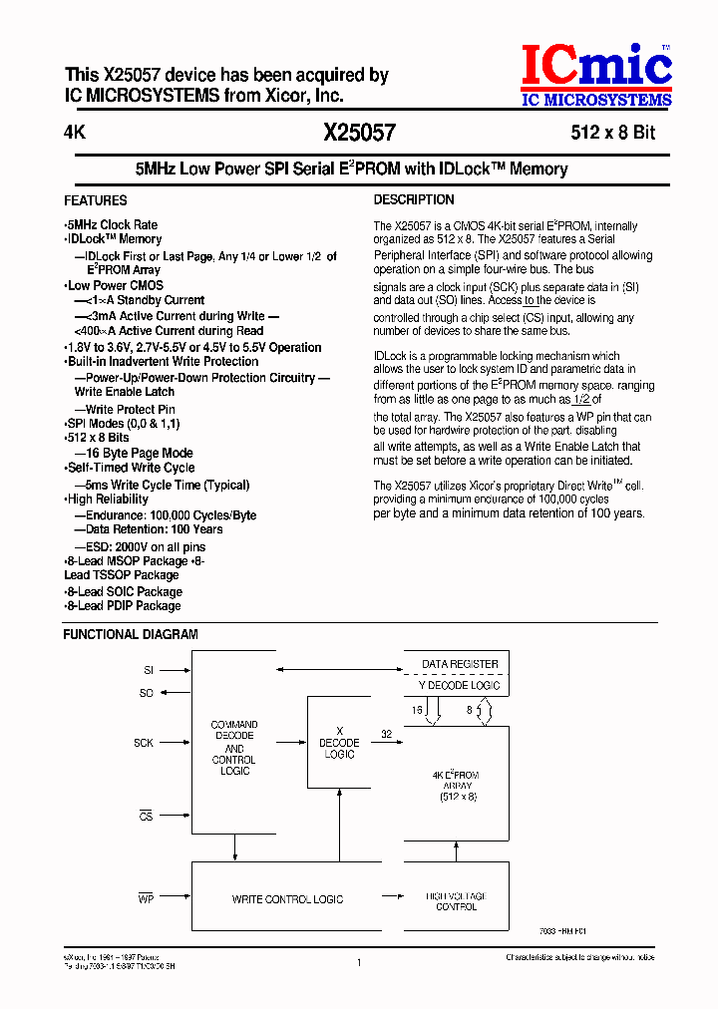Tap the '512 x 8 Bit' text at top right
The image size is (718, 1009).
(x=612, y=133)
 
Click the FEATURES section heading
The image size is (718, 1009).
(x=96, y=200)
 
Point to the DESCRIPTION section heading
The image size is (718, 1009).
(x=415, y=200)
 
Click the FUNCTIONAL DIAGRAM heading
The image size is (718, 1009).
(x=131, y=634)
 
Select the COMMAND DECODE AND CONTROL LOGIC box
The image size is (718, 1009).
(x=234, y=748)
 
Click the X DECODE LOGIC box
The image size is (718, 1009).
(x=339, y=743)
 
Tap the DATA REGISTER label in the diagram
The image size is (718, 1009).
(x=460, y=664)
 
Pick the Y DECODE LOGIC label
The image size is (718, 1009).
(x=460, y=686)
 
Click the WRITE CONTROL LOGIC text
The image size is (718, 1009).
(x=287, y=899)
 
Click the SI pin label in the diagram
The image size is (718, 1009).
(x=149, y=671)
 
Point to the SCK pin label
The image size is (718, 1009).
(x=145, y=743)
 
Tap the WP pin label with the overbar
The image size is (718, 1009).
(x=145, y=898)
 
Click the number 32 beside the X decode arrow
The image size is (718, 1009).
(x=386, y=734)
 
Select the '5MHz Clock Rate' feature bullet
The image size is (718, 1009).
(x=112, y=225)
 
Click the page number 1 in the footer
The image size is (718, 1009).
(x=358, y=962)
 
